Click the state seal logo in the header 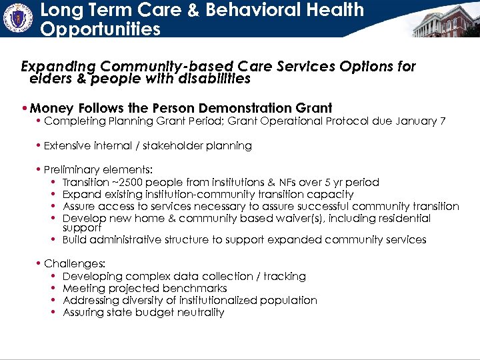(x=18, y=18)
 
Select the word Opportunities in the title (x=100, y=29)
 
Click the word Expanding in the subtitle (x=59, y=67)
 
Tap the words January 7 (x=420, y=121)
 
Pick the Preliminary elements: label (x=98, y=170)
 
